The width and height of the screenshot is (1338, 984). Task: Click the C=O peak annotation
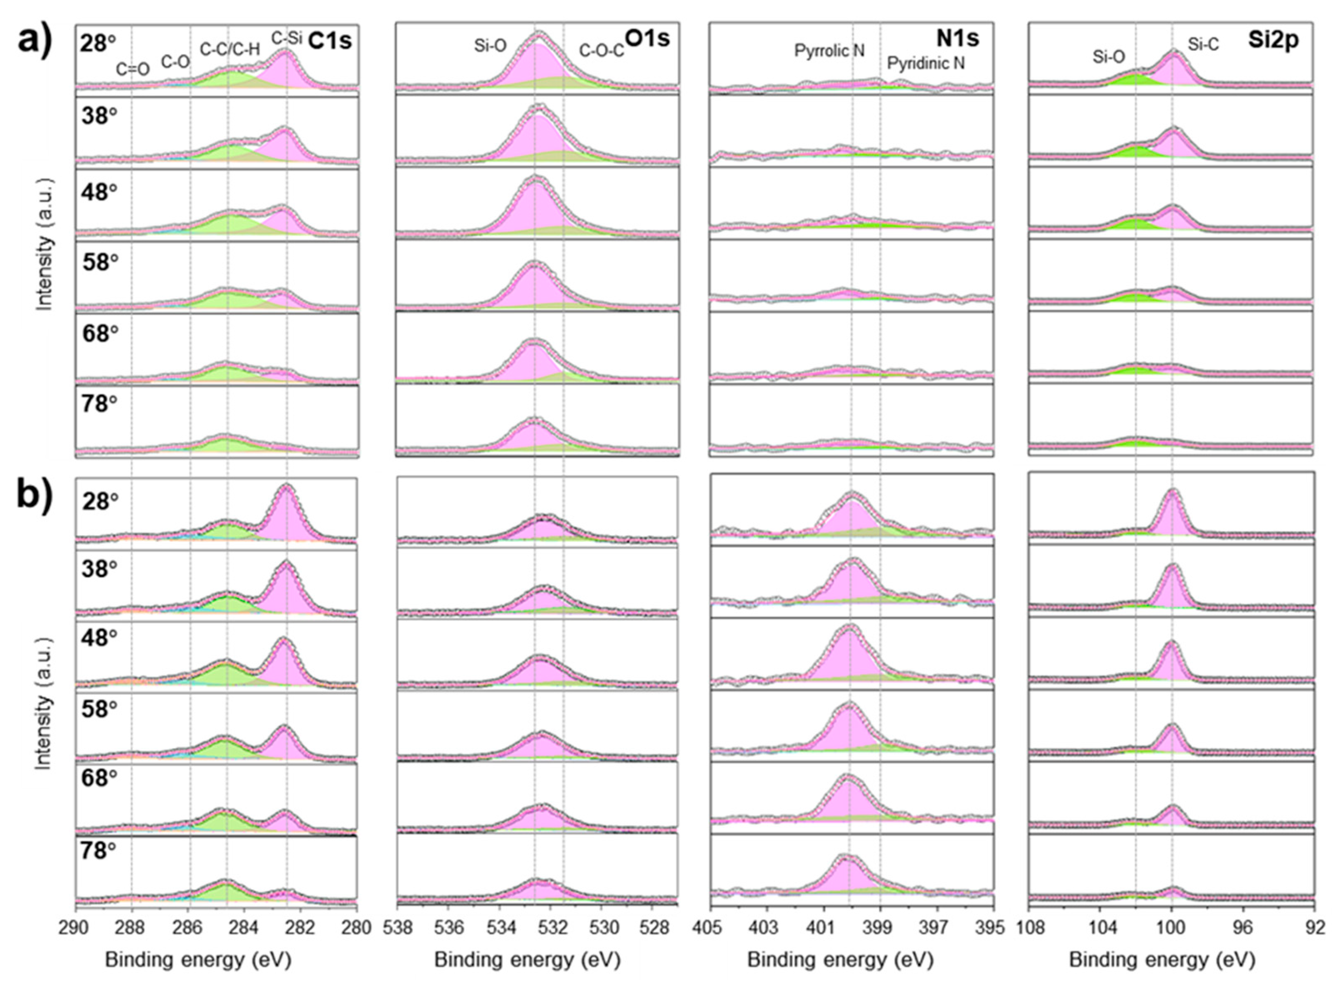(x=132, y=70)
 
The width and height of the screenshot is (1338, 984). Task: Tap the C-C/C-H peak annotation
(x=230, y=49)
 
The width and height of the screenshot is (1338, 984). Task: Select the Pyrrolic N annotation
(x=829, y=51)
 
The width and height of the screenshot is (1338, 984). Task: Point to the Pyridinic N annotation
(x=926, y=63)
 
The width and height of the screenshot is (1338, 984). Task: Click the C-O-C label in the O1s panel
(x=602, y=51)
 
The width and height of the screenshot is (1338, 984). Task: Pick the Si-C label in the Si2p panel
(x=1203, y=44)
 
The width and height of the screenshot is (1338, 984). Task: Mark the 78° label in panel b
(x=99, y=851)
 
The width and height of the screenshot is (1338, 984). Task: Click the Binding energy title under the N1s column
(x=840, y=960)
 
